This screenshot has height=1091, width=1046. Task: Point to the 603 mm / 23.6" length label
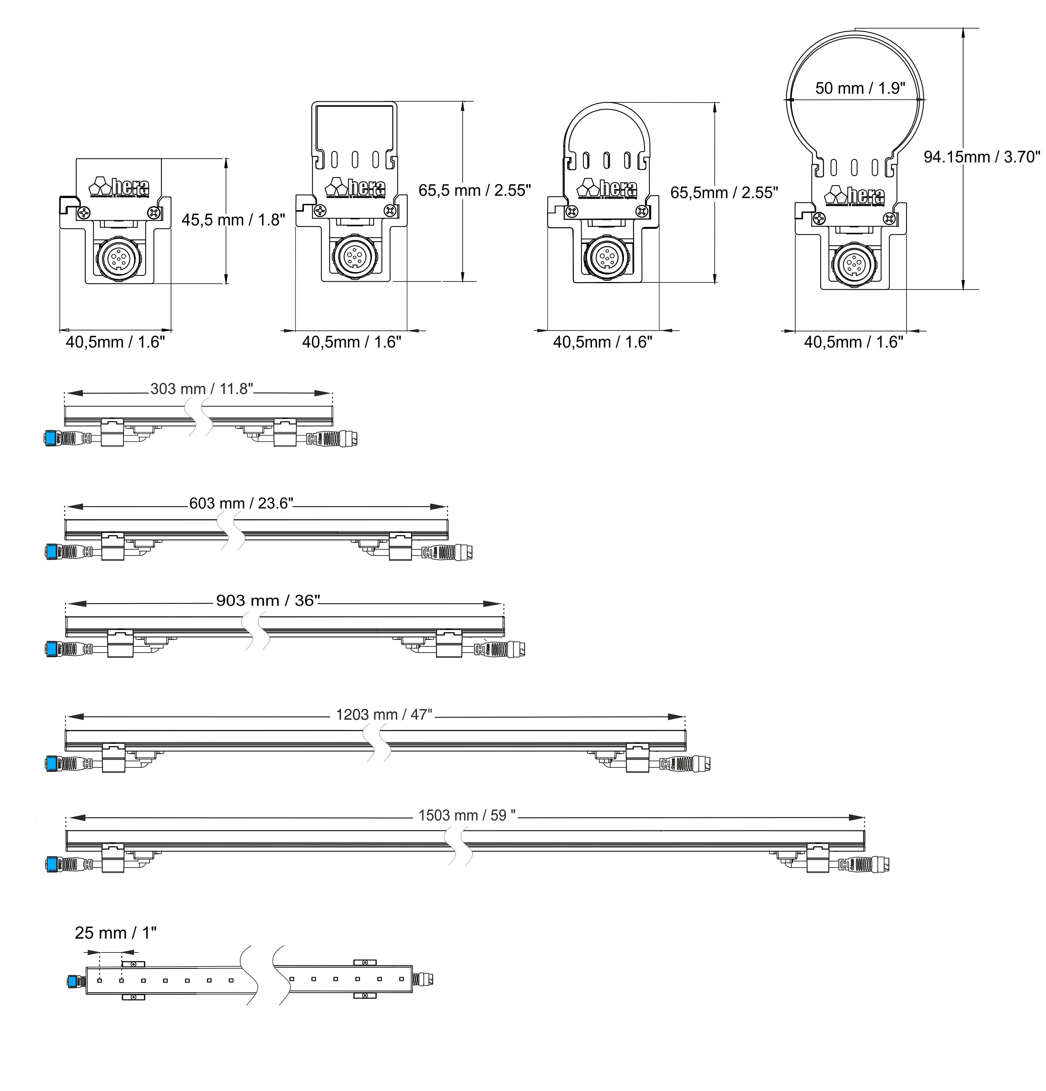tap(240, 503)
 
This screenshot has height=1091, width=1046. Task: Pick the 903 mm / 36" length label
tap(268, 601)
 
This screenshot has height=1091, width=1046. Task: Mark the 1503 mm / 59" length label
tap(466, 816)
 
